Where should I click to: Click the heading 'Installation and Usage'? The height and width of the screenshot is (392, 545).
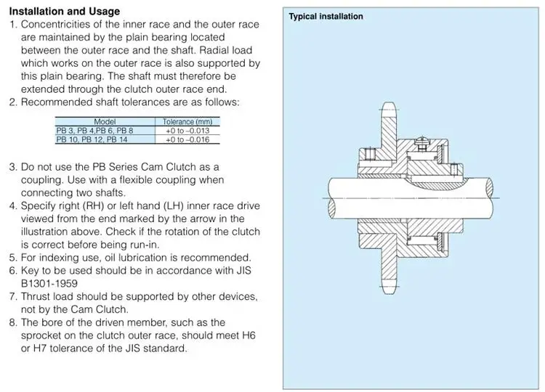click(65, 12)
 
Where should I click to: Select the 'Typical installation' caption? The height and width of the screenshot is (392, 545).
click(326, 17)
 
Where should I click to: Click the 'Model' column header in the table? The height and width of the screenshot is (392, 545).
click(105, 121)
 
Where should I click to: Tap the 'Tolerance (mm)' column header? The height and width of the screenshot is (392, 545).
click(187, 121)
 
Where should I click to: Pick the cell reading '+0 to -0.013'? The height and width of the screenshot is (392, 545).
click(187, 130)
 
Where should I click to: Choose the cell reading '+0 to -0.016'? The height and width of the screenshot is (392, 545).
click(187, 139)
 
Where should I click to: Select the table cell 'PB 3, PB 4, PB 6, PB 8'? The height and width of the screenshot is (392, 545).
click(94, 130)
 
